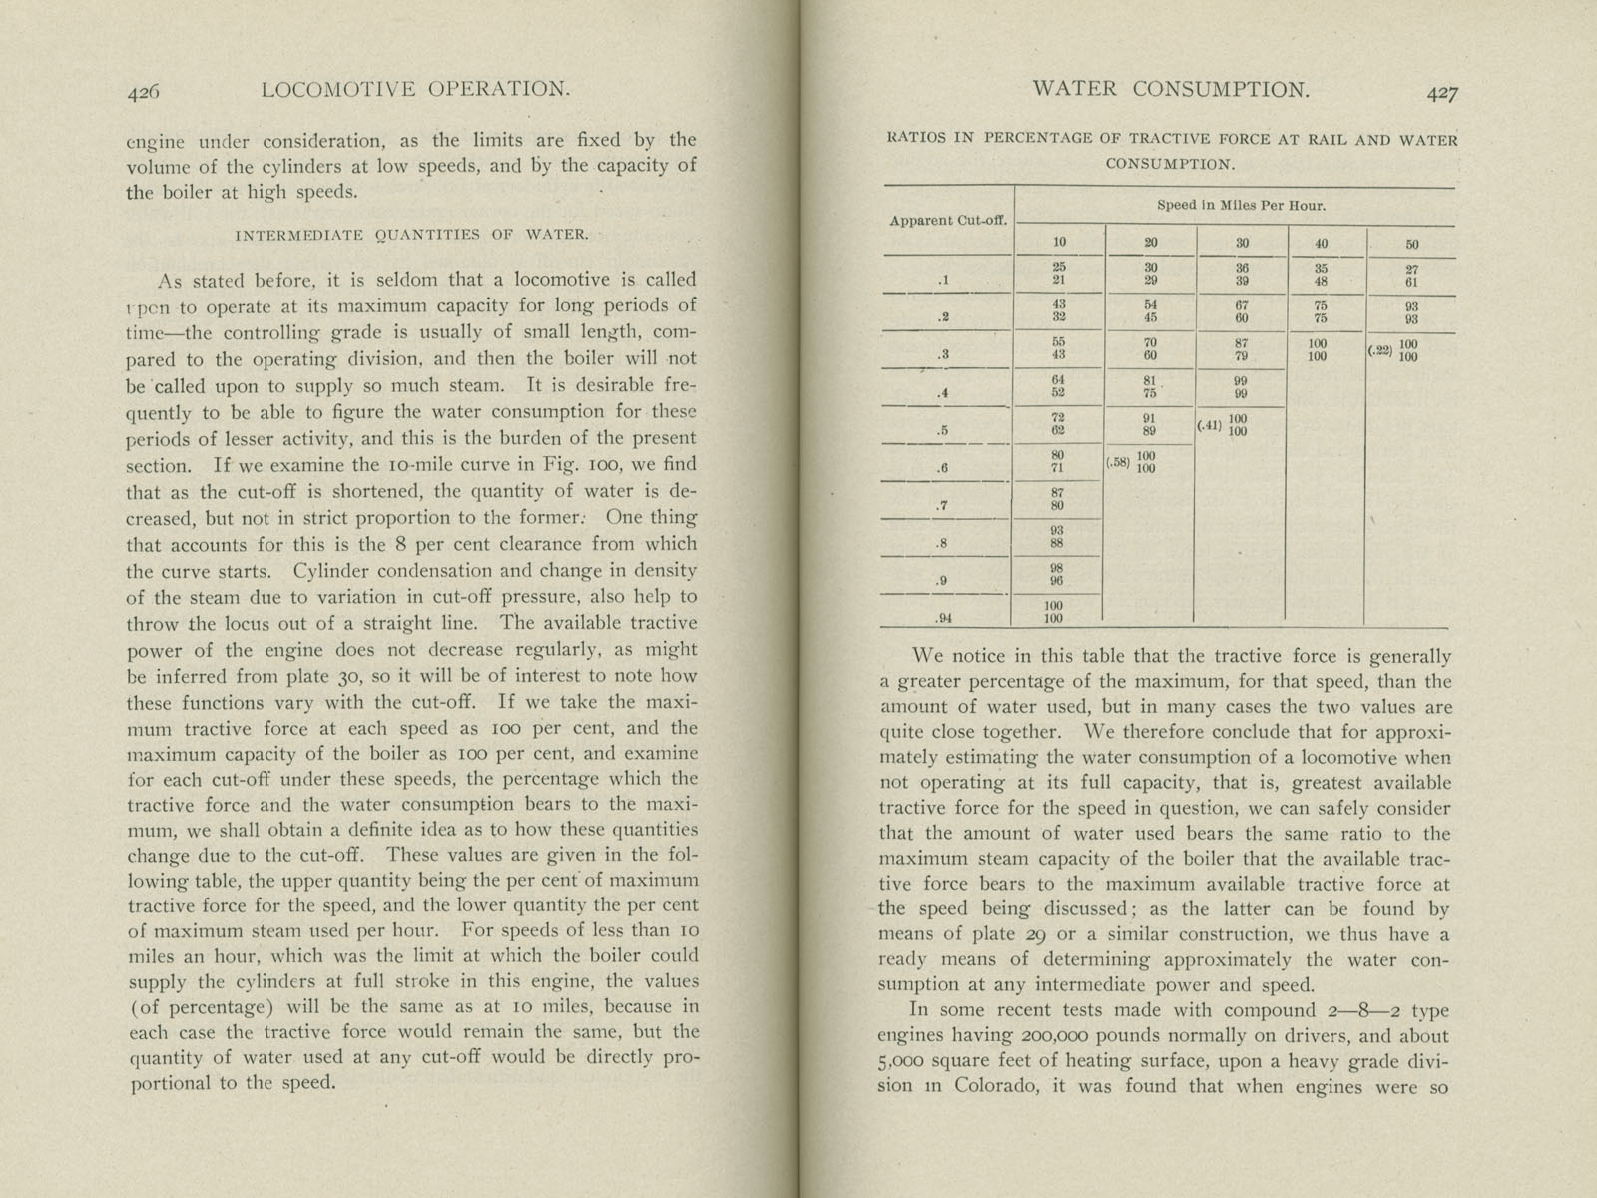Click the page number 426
click(143, 91)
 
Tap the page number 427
click(1442, 93)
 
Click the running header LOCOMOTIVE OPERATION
click(414, 89)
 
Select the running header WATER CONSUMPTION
click(1171, 89)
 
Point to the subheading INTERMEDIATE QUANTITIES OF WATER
click(411, 236)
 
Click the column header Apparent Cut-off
click(948, 220)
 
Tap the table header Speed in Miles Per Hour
click(1242, 206)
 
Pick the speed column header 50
click(1412, 244)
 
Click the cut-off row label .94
click(944, 618)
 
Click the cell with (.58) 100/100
click(1133, 462)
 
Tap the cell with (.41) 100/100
click(1225, 425)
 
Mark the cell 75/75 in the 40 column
click(1321, 312)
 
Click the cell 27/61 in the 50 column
click(1412, 275)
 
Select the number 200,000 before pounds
click(1032, 1036)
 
